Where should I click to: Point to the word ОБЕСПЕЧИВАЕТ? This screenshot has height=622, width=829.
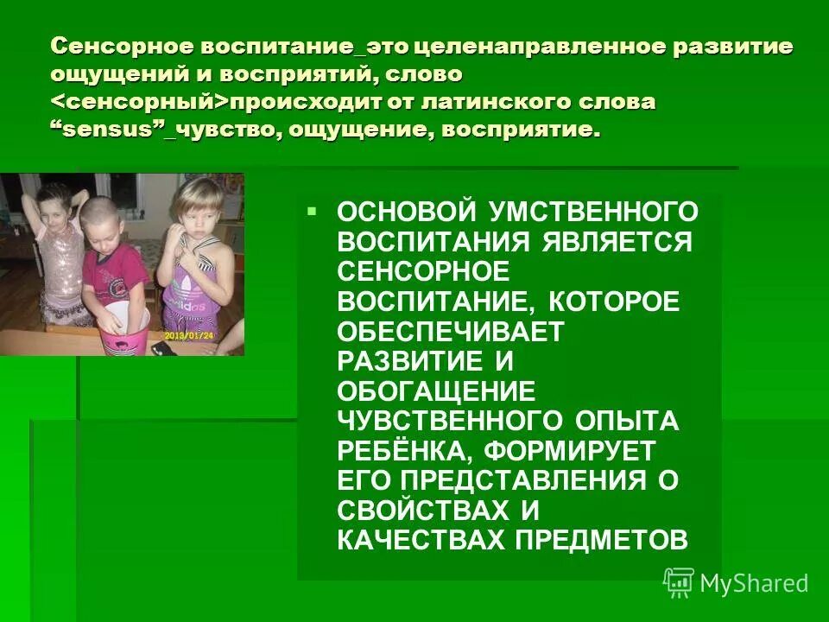[451, 330]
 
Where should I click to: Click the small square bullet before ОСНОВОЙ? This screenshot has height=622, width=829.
[312, 211]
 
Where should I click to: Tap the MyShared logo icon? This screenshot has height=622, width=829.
[679, 582]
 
